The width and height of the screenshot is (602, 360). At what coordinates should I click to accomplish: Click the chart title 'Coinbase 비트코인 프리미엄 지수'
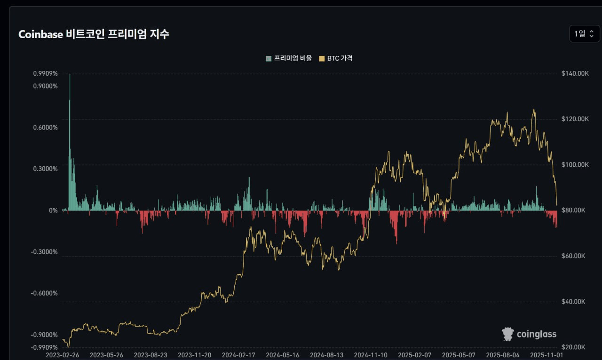(94, 34)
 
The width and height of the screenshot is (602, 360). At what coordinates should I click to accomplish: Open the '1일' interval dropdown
(584, 34)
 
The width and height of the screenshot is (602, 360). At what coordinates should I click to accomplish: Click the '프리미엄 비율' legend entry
(289, 58)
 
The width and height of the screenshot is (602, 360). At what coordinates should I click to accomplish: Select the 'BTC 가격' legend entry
(336, 58)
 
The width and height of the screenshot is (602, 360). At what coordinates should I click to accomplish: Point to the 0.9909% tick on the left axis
(45, 73)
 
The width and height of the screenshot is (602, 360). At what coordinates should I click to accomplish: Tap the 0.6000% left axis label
(45, 127)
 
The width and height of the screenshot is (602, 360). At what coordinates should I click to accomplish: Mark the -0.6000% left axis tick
(44, 293)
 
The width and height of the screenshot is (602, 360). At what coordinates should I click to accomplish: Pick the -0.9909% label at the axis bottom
(44, 347)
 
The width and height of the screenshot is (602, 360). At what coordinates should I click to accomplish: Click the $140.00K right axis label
(575, 73)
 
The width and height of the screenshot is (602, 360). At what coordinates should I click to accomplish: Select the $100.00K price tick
(575, 165)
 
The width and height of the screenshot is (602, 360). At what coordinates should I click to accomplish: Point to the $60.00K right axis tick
(574, 256)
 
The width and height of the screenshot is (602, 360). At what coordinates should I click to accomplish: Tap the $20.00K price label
(574, 347)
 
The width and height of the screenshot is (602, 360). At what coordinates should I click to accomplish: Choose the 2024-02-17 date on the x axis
(239, 355)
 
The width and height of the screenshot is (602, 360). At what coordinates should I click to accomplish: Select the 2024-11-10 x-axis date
(371, 355)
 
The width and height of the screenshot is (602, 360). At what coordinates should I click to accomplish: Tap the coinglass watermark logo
(529, 334)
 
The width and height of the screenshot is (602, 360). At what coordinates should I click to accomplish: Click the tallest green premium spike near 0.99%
(70, 75)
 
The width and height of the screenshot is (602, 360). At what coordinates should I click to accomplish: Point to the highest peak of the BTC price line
(534, 110)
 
